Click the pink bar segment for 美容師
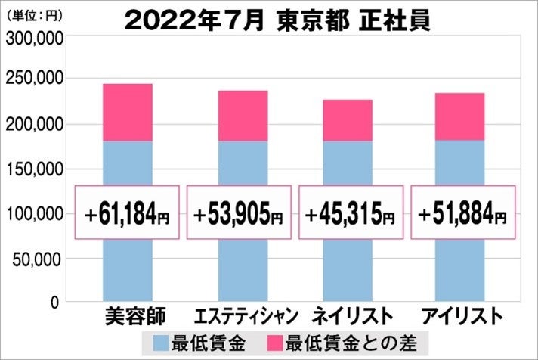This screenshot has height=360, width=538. pyautogui.click(x=127, y=112)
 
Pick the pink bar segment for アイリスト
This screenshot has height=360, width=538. pyautogui.click(x=460, y=116)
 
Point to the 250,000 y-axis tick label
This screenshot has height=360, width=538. pyautogui.click(x=33, y=79)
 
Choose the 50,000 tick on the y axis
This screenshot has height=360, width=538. pyautogui.click(x=37, y=259)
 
